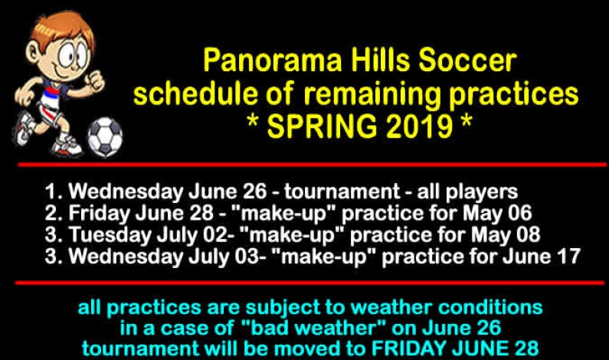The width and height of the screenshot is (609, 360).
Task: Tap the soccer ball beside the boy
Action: tap(105, 136)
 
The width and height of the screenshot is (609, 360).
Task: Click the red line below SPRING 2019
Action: tap(306, 164)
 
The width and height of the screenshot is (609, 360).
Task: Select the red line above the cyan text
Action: tap(306, 283)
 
